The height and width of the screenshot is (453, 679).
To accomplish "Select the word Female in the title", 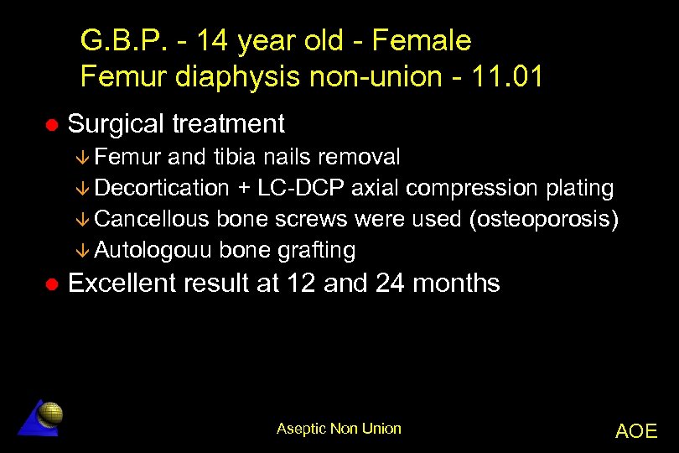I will (x=421, y=40).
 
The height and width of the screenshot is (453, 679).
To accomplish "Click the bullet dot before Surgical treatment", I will (x=51, y=124).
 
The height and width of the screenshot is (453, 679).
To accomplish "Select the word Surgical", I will (x=116, y=124).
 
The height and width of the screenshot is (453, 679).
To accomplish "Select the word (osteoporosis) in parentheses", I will (x=544, y=219).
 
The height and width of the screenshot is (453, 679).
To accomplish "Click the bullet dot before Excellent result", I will (x=51, y=284).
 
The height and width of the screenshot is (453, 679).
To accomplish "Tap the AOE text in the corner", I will (x=636, y=431).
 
